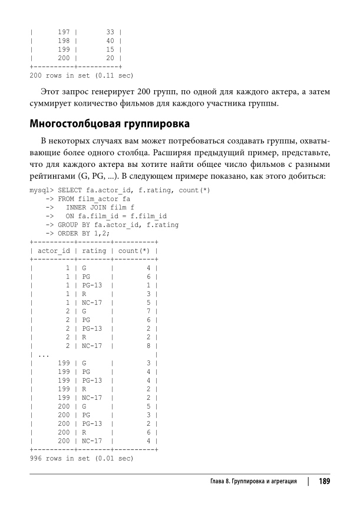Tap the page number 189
click(323, 481)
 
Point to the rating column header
click(94, 251)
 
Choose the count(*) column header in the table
click(133, 251)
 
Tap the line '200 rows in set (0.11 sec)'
click(81, 75)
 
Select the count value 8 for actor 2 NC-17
click(149, 346)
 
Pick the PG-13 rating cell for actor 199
click(93, 380)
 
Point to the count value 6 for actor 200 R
click(149, 432)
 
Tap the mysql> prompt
click(41, 190)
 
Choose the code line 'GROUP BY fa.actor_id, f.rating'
click(118, 225)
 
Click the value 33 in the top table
click(110, 32)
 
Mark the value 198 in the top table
click(64, 41)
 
